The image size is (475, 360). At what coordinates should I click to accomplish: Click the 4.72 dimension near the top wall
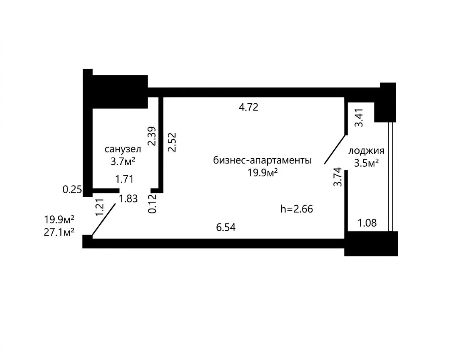pyautogui.click(x=249, y=107)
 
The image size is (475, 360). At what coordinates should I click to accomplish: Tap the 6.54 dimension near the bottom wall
pyautogui.click(x=226, y=227)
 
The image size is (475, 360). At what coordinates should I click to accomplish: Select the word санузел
pyautogui.click(x=123, y=149)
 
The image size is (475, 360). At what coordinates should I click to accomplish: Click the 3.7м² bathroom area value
pyautogui.click(x=123, y=161)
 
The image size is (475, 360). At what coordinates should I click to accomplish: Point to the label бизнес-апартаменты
pyautogui.click(x=262, y=160)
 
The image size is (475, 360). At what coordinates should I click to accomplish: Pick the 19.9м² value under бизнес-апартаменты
pyautogui.click(x=263, y=172)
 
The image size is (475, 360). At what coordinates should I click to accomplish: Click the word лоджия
pyautogui.click(x=366, y=151)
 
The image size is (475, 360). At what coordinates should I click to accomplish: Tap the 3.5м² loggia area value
pyautogui.click(x=366, y=163)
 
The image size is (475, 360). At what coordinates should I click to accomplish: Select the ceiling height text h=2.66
pyautogui.click(x=296, y=209)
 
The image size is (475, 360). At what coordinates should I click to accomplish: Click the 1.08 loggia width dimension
pyautogui.click(x=367, y=223)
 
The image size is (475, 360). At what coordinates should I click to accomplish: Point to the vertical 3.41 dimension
pyautogui.click(x=359, y=118)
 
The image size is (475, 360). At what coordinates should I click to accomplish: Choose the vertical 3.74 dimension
pyautogui.click(x=337, y=177)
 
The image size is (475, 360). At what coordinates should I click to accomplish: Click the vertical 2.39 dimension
pyautogui.click(x=153, y=136)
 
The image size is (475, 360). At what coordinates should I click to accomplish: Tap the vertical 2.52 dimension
pyautogui.click(x=172, y=142)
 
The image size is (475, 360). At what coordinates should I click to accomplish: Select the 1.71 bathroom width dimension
pyautogui.click(x=125, y=179)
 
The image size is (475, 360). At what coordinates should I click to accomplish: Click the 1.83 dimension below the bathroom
pyautogui.click(x=128, y=199)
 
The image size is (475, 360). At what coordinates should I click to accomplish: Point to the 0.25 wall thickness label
pyautogui.click(x=72, y=190)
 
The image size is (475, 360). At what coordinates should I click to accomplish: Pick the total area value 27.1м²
pyautogui.click(x=59, y=232)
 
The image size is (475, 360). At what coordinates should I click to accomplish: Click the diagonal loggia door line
pyautogui.click(x=335, y=149)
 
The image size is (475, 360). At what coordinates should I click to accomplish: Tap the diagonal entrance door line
pyautogui.click(x=104, y=219)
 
